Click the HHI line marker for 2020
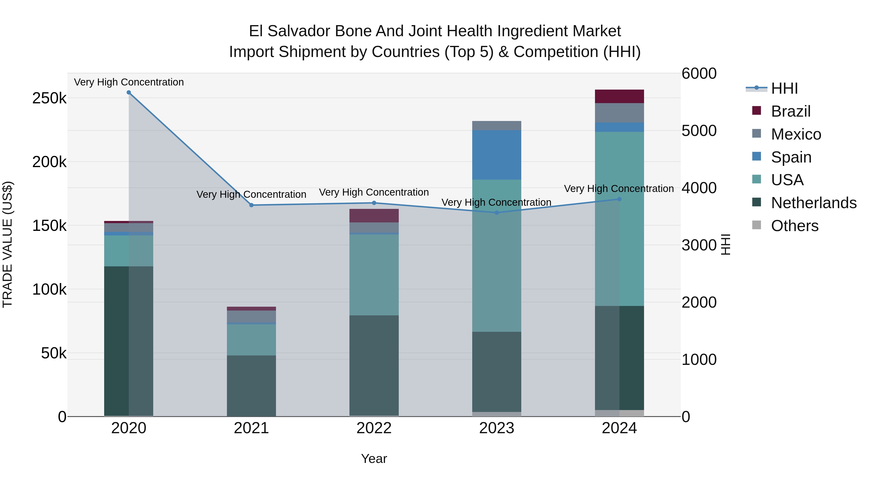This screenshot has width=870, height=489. (129, 92)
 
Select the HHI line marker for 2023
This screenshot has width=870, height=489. (496, 213)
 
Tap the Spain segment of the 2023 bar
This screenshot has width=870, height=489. (496, 155)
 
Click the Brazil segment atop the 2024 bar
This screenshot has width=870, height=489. (619, 97)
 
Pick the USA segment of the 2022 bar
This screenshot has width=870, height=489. (374, 275)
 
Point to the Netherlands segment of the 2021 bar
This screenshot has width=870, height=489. (251, 385)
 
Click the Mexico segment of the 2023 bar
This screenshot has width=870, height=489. (496, 126)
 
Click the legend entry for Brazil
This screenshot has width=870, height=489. (790, 111)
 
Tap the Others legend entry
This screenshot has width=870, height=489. (794, 226)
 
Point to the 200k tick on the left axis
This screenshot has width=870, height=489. (49, 162)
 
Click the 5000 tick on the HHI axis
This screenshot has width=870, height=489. (699, 131)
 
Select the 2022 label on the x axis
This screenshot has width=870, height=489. (374, 428)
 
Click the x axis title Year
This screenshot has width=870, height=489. (374, 459)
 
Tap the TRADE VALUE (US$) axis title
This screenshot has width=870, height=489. (7, 244)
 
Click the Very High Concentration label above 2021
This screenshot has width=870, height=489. (251, 194)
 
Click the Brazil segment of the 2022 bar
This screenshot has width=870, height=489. (374, 216)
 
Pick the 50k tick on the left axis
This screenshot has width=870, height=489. (53, 353)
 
